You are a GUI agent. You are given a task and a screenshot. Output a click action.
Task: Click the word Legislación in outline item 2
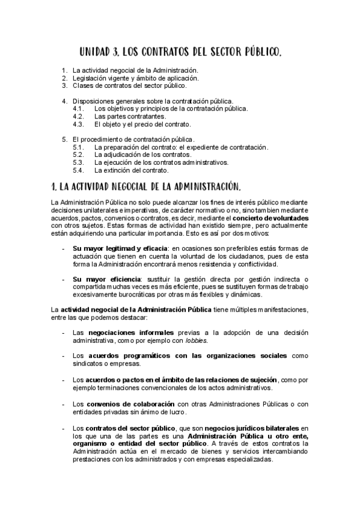pos(88,78)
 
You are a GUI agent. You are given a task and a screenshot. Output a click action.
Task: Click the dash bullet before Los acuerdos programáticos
pos(64,356)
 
